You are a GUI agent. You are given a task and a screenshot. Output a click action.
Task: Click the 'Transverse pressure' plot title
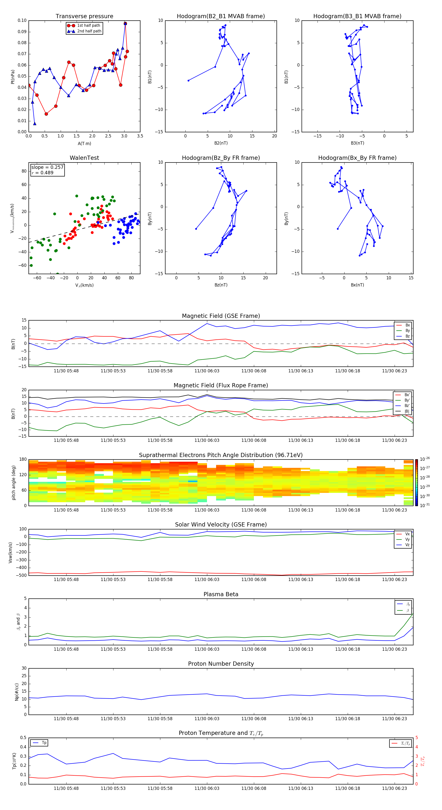point(84,16)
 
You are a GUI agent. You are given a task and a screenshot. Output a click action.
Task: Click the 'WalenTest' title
point(84,158)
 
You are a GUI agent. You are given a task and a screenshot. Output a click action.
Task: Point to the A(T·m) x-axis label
point(84,144)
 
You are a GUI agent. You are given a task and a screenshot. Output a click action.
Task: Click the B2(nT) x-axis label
point(221,143)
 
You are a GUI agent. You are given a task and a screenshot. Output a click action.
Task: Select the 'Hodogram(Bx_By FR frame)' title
point(357,158)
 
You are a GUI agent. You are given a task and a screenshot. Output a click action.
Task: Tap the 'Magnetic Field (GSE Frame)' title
point(221,316)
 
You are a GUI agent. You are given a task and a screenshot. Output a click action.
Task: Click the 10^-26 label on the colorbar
point(424,459)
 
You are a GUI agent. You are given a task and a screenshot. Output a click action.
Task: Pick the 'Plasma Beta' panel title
point(221,594)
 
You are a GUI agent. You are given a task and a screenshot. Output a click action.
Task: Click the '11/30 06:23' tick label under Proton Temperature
point(394,788)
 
